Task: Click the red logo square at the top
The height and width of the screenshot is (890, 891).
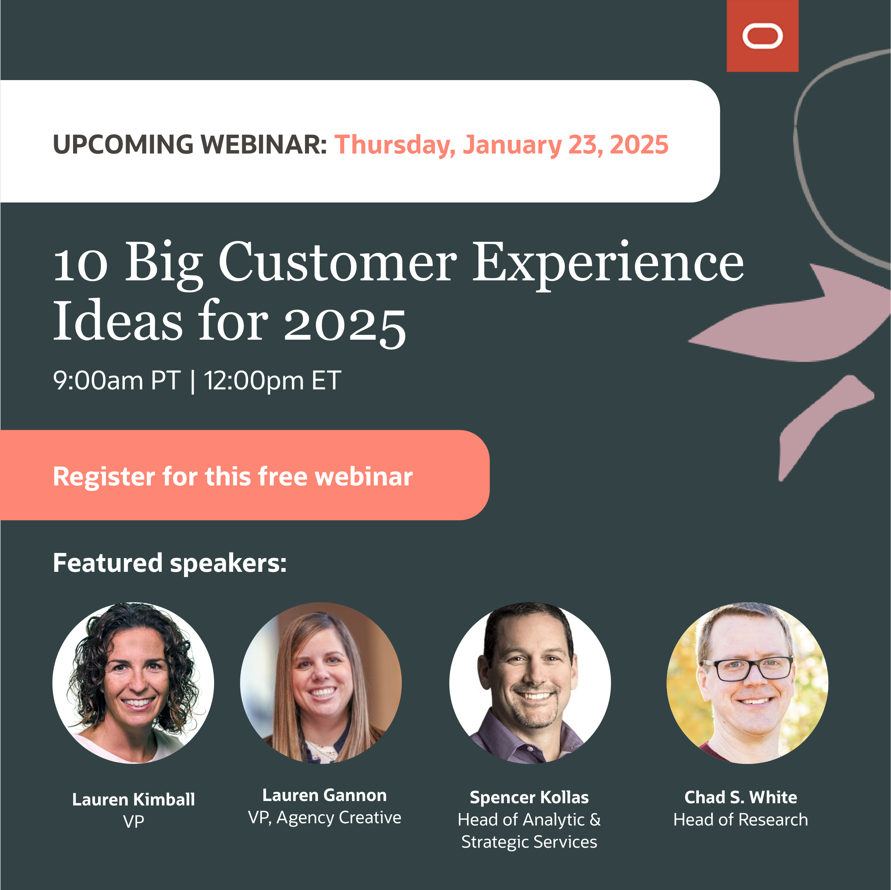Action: pos(762,36)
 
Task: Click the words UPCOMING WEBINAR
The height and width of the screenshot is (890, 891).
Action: pos(190,145)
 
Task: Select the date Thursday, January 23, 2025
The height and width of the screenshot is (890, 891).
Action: pos(501,145)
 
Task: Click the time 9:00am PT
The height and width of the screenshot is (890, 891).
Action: pos(116,381)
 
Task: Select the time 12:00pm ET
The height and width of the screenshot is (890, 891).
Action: pos(273,381)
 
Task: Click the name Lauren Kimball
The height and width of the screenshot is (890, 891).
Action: pos(133,799)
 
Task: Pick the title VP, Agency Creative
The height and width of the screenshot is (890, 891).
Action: pos(325,818)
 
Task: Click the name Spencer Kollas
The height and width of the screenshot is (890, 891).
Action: pos(529,797)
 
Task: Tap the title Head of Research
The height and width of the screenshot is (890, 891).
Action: pos(740,820)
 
